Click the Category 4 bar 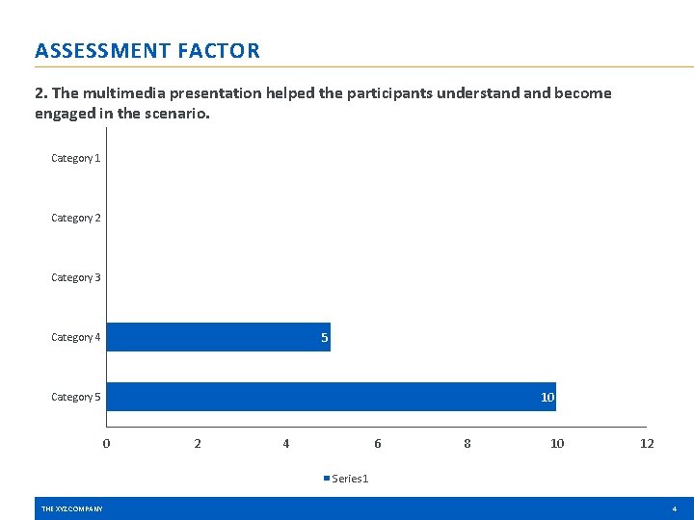(218, 337)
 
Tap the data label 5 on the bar (325, 338)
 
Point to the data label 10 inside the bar (547, 398)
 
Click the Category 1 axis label (76, 158)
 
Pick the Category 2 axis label (76, 218)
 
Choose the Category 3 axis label (76, 277)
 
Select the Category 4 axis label (76, 337)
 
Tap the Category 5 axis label (76, 397)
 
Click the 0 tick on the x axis (106, 444)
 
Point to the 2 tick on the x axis (198, 444)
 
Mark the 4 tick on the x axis (286, 444)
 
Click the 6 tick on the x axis (378, 444)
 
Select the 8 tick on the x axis (467, 444)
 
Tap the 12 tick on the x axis (647, 444)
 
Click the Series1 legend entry (346, 479)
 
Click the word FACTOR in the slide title (219, 51)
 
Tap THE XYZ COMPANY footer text (71, 508)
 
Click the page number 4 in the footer (675, 508)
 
